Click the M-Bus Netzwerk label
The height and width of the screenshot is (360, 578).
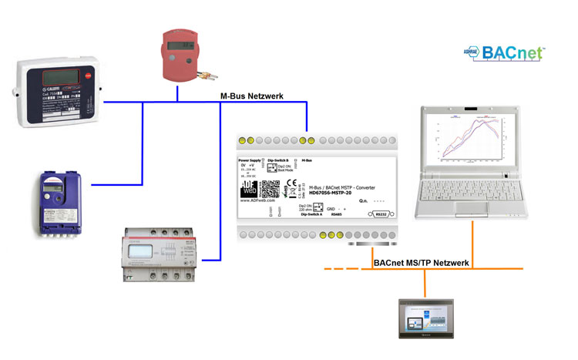click(x=252, y=96)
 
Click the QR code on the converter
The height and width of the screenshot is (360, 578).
click(x=269, y=190)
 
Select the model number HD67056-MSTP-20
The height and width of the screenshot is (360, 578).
click(x=334, y=193)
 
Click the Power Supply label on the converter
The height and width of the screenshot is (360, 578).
click(x=251, y=160)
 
